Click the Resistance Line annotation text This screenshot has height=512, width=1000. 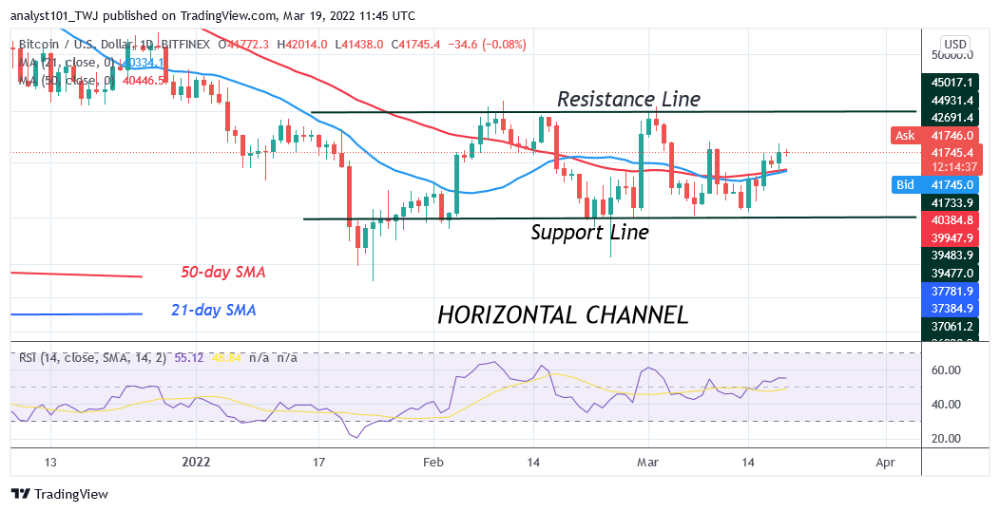pos(628,99)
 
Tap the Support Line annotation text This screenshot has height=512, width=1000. pos(589,232)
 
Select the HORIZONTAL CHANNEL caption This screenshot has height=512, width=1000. pos(563,314)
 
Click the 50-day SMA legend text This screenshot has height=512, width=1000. pos(223,273)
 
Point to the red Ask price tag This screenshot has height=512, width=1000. pos(905,136)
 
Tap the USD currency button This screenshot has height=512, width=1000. pos(953,44)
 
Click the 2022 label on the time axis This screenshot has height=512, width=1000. pos(196,463)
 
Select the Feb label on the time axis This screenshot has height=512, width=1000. pos(434,463)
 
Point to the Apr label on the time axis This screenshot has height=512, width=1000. pos(885,463)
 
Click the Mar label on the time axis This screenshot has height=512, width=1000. pos(649,463)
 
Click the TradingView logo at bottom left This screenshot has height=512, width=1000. pos(59,494)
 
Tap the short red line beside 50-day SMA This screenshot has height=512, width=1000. pos(76,275)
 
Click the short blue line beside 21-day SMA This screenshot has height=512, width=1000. pos(76,313)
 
